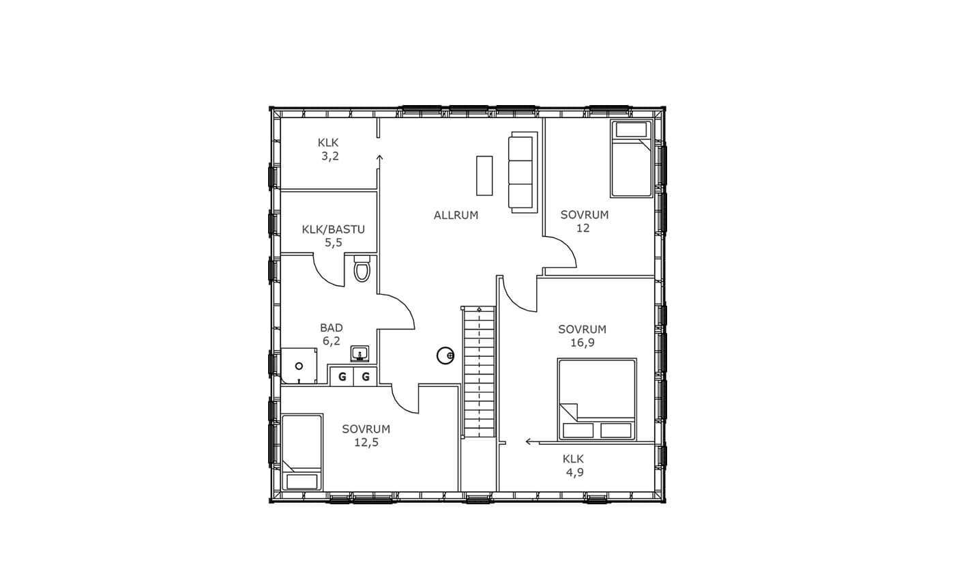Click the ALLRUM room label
456,215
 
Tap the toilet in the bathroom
362,269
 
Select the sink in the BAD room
360,353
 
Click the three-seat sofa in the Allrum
523,172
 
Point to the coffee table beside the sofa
484,176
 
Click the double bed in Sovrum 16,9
597,399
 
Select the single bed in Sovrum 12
632,158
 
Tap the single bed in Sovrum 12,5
302,452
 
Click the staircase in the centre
479,371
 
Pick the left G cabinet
342,377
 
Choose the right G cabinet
366,377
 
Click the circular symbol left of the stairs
445,356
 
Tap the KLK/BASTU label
334,229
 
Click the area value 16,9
583,343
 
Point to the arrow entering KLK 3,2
379,162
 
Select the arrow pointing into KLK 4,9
533,441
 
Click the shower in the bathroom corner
299,366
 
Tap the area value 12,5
366,442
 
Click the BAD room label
332,328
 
